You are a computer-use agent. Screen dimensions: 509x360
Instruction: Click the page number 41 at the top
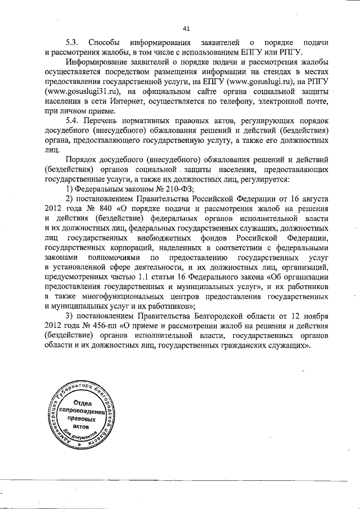tap(187, 29)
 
